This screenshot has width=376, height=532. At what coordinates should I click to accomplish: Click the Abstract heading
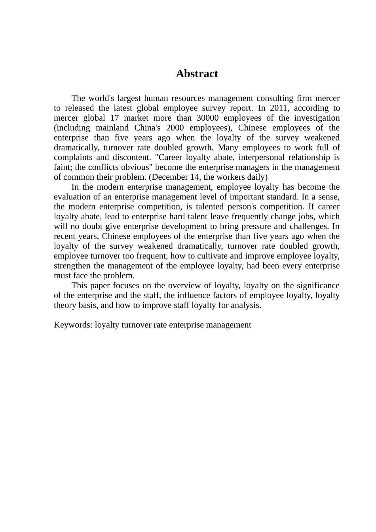(x=197, y=74)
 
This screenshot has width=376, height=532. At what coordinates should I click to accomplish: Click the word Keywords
(x=73, y=325)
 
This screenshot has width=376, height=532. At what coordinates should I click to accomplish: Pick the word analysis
(x=245, y=305)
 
